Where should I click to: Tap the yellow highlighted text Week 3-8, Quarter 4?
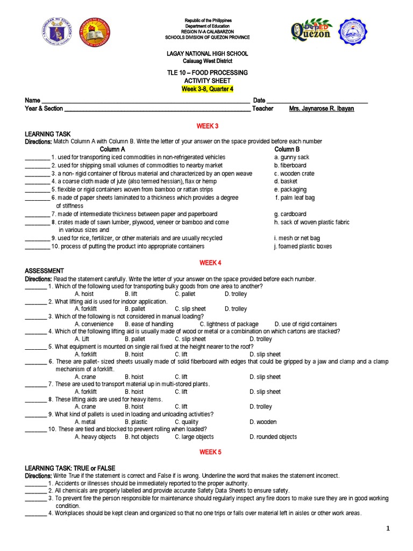pos(207,89)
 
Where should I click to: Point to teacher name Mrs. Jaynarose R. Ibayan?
pos(322,109)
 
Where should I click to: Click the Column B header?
pos(287,149)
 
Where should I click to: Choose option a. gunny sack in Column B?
pos(291,157)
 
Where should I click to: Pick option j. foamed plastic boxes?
pos(303,246)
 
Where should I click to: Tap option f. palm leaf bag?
pos(295,197)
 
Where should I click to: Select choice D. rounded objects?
pos(273,437)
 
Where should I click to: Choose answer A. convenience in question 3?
pos(94,324)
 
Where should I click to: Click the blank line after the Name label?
pos(145,101)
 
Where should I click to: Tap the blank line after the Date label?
pos(317,101)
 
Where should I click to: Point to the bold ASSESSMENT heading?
pos(45,271)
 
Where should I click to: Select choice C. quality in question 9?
pos(187,422)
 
